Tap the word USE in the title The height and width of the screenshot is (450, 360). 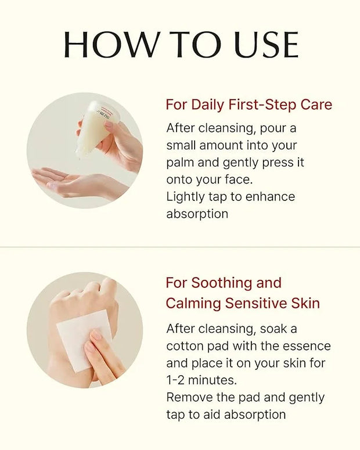(x=267, y=45)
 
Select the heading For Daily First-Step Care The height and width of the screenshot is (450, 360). (x=249, y=105)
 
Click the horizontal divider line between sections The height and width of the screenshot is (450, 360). (x=180, y=247)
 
